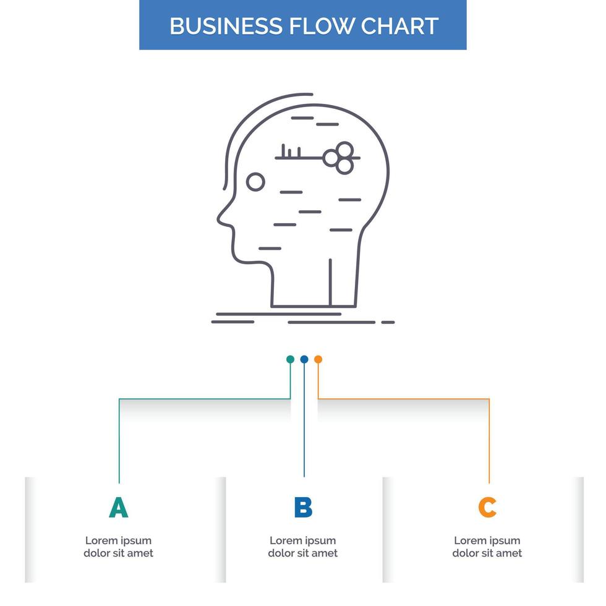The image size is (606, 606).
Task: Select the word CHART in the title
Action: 400,26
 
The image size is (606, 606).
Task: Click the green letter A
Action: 118,508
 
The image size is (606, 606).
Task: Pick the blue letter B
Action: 303,508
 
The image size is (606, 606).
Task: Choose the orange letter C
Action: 487,508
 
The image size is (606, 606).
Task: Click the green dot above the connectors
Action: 290,359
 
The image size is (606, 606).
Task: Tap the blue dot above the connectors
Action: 304,359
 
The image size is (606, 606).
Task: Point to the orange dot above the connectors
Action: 318,359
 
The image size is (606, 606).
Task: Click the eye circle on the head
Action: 255,182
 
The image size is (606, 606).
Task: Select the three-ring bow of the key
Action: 339,158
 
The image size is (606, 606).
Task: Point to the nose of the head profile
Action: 220,218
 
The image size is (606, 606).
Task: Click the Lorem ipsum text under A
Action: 118,547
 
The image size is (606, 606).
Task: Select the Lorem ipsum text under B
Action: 303,547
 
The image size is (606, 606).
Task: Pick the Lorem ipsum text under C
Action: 487,547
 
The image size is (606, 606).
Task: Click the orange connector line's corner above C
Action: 489,399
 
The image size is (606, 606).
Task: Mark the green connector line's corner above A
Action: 119,399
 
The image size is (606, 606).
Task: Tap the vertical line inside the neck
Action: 330,282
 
